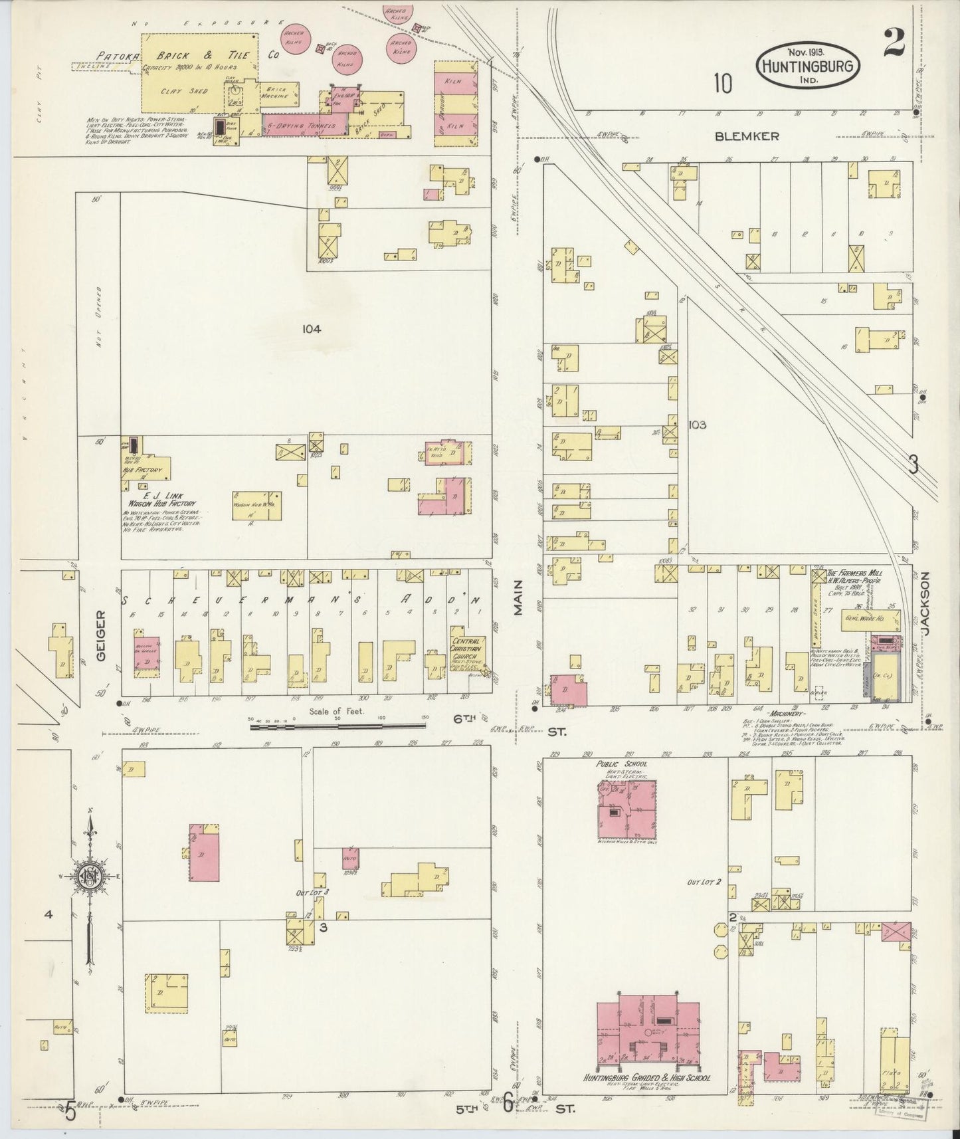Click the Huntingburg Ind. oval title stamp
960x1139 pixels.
(x=807, y=64)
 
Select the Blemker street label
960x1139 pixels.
(x=746, y=136)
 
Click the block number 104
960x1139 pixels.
(x=310, y=328)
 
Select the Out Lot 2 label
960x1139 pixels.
(x=704, y=882)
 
